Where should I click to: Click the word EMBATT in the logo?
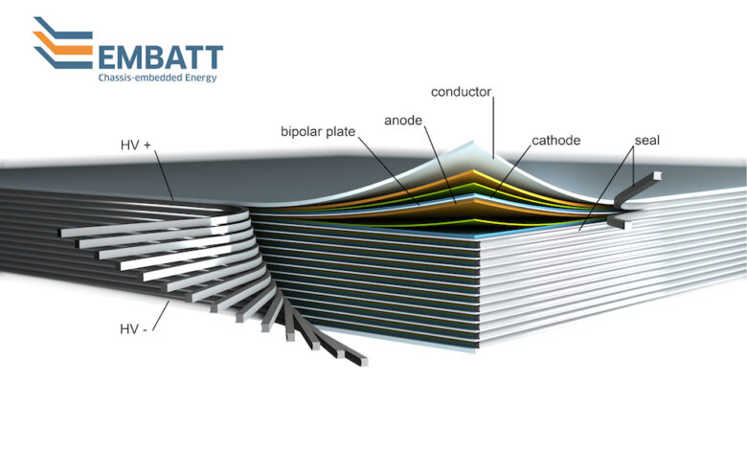pos(160,57)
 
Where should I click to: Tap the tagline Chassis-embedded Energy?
pos(157,78)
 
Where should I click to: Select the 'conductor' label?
pos(461,92)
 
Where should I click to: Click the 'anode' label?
pos(403,121)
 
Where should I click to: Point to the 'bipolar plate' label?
pos(318,131)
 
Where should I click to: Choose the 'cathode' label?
pos(556,141)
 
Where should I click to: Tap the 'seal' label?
pos(647,141)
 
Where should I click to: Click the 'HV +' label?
pos(135,146)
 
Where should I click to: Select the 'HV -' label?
pos(133,328)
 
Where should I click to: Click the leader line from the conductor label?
pos(493,127)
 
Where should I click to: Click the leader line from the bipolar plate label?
pos(388,170)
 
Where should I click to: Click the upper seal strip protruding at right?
pos(638,188)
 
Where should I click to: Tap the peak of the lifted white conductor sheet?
pos(471,142)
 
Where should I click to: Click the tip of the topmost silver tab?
pos(62,233)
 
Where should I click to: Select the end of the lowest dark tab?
pos(362,360)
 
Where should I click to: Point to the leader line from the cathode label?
pos(510,171)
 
